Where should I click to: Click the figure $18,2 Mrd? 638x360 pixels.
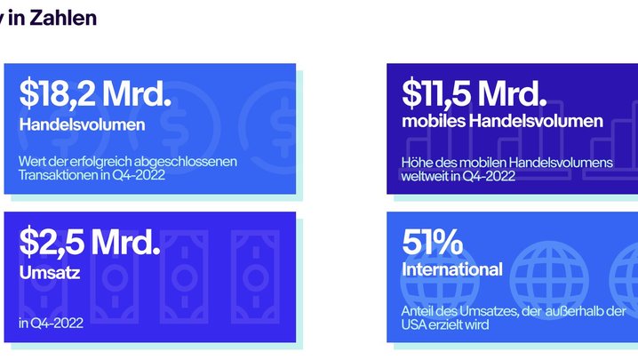point(95,94)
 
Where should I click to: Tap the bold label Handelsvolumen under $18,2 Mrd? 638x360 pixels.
point(82,124)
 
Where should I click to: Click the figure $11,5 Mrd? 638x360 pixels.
point(474,94)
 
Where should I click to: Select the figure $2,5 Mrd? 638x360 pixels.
point(90,243)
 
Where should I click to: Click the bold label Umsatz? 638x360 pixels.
point(49,273)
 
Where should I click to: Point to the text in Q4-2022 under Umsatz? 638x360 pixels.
point(51,323)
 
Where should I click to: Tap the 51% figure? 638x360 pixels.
point(432,243)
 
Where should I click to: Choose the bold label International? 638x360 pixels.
point(452,269)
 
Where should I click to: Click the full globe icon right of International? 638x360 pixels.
point(549,280)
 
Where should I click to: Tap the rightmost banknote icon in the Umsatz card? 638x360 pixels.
point(255,276)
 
